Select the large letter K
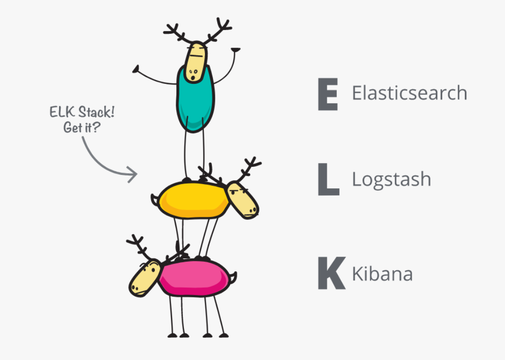[331, 274]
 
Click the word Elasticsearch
[409, 93]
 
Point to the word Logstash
[391, 180]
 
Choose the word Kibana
[382, 274]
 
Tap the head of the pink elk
[144, 279]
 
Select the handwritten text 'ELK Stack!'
[82, 113]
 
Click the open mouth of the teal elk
[192, 76]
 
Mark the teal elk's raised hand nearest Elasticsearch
[235, 49]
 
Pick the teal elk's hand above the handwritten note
[136, 70]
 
